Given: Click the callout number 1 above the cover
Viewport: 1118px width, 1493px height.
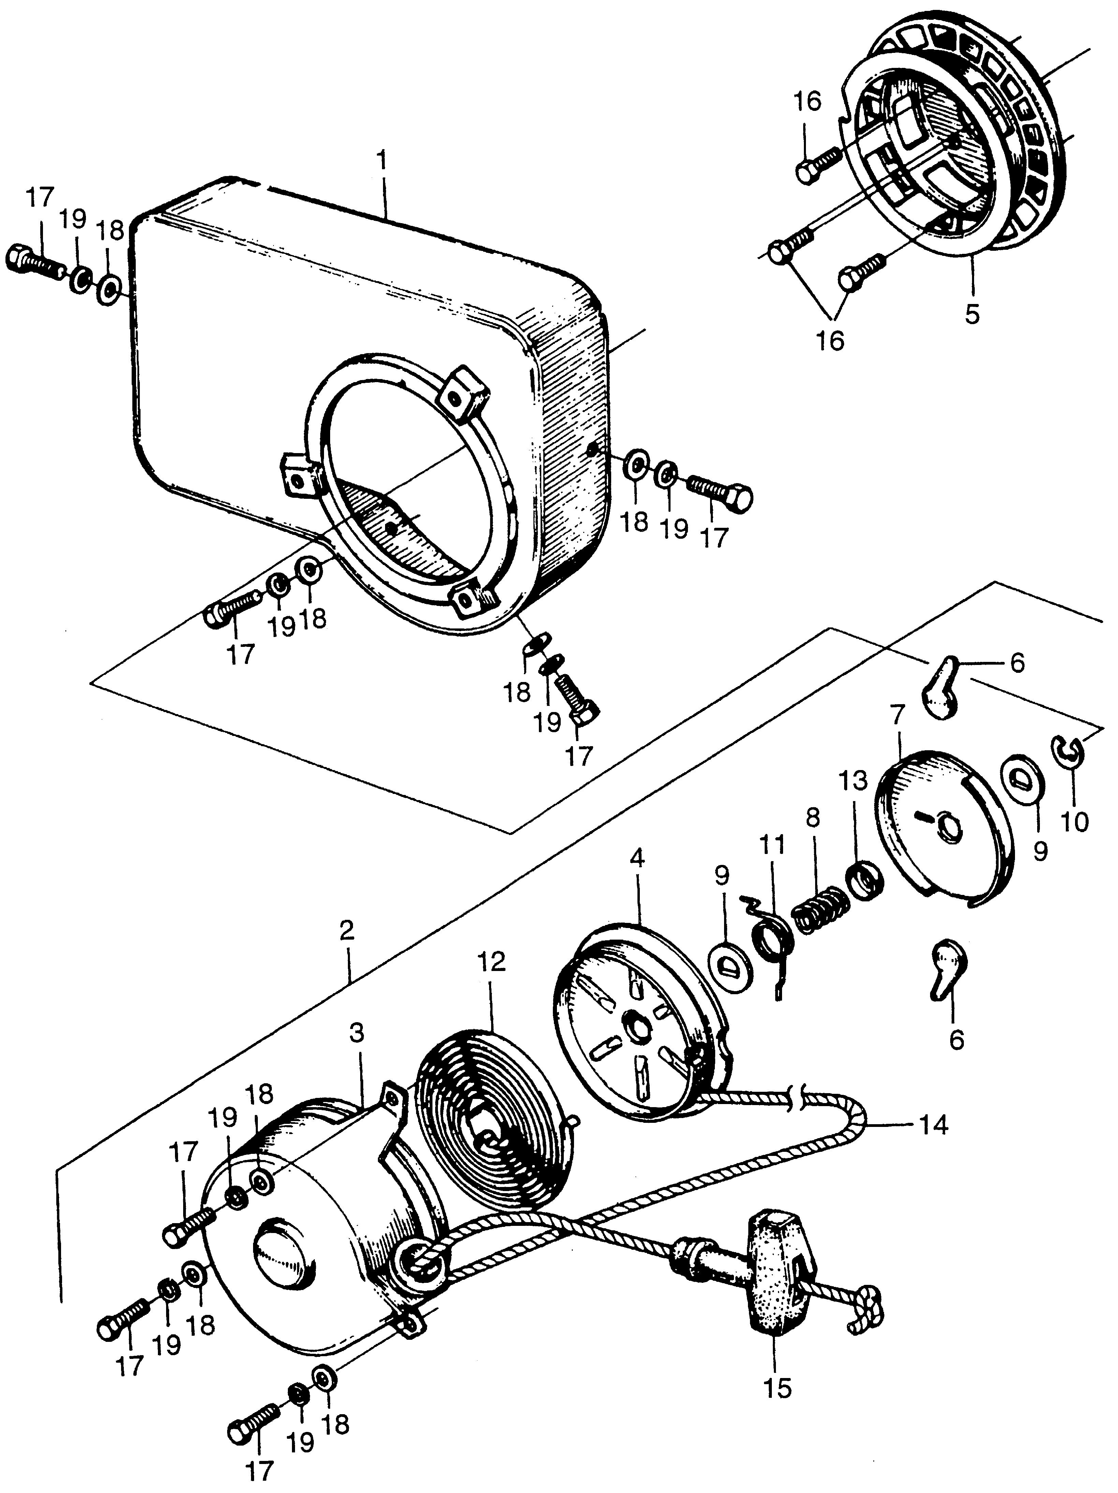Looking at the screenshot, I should coord(382,162).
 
